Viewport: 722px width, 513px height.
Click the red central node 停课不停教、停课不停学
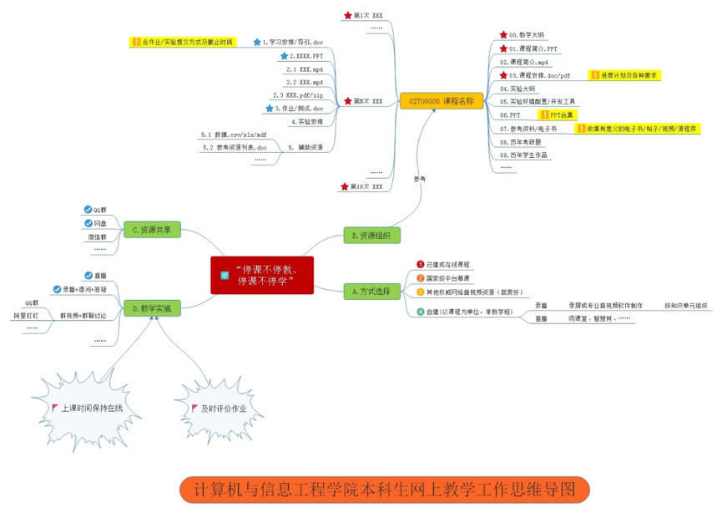pos(261,275)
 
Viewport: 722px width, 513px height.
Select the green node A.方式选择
pos(371,291)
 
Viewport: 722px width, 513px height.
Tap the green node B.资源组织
pos(371,235)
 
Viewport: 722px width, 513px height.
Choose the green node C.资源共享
pos(151,229)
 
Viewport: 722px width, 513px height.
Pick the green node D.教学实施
pos(151,308)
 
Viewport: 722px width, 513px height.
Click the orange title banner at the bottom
pos(385,490)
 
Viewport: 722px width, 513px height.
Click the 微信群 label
pos(99,236)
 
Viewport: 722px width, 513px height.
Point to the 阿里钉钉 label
pos(25,316)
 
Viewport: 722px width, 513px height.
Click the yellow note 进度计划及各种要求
pos(629,75)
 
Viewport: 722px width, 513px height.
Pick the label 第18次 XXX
pos(366,186)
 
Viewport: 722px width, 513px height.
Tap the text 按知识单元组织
pos(685,306)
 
